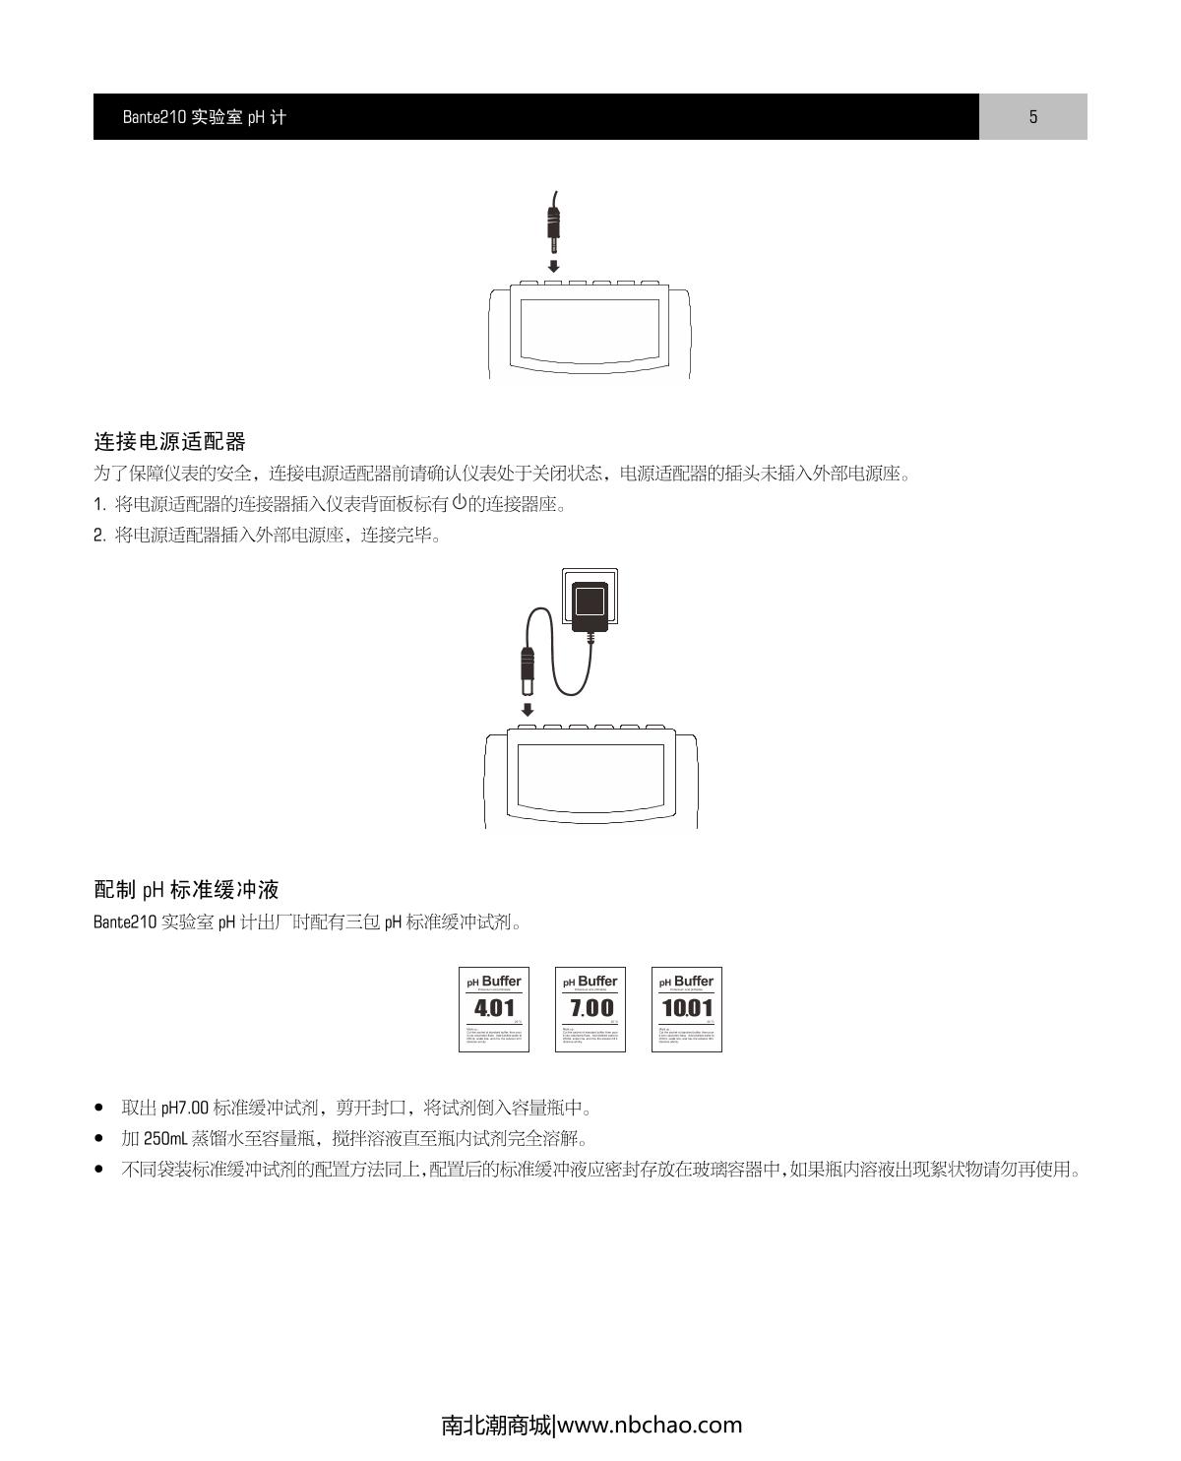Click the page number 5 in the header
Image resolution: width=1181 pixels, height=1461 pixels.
point(1033,117)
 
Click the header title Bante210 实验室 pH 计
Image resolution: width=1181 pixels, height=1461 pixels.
point(205,117)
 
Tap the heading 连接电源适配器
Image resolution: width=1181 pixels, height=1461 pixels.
point(169,440)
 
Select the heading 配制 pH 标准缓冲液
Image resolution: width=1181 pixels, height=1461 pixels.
point(186,890)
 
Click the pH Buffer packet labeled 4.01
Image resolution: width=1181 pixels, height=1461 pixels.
point(494,1009)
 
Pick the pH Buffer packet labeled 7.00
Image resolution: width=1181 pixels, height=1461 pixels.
point(590,1009)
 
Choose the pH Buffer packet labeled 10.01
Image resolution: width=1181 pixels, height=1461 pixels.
point(687,1009)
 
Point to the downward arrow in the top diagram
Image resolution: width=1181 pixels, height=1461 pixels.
point(554,266)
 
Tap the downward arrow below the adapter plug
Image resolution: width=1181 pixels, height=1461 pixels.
point(528,709)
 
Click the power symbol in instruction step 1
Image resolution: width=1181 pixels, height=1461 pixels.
point(459,503)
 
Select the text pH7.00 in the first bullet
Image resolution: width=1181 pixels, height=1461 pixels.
point(185,1109)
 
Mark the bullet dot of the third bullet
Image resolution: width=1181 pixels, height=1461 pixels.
point(98,1170)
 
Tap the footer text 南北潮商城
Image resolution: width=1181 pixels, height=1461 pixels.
point(496,1425)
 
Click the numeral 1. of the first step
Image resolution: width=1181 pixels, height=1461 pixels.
point(99,505)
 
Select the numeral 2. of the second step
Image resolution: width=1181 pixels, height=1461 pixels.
point(99,536)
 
